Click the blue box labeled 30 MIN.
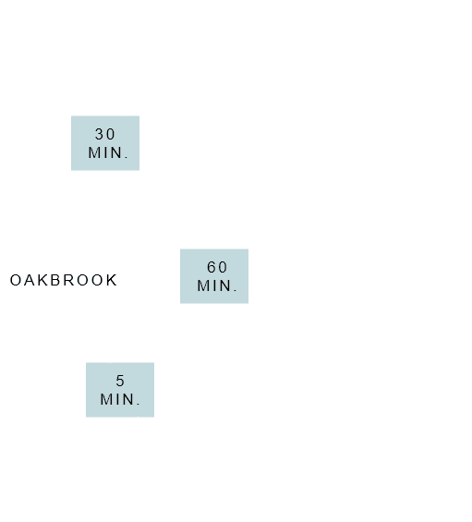tap(105, 143)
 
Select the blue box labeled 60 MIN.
tap(214, 276)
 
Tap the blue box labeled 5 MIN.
tap(120, 390)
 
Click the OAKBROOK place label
tap(63, 280)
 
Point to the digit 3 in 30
tap(100, 134)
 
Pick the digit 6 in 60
tap(212, 267)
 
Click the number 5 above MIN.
tap(120, 381)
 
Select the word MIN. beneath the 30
tap(108, 152)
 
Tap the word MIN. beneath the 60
tap(217, 285)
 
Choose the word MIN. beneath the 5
tap(120, 399)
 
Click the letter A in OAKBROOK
tap(30, 280)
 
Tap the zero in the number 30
tap(111, 134)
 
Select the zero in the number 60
tap(223, 267)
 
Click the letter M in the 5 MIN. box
tap(106, 399)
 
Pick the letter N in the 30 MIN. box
tap(117, 152)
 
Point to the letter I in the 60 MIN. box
tap(214, 285)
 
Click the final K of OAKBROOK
tap(112, 280)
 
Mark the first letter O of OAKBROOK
tap(16, 280)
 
